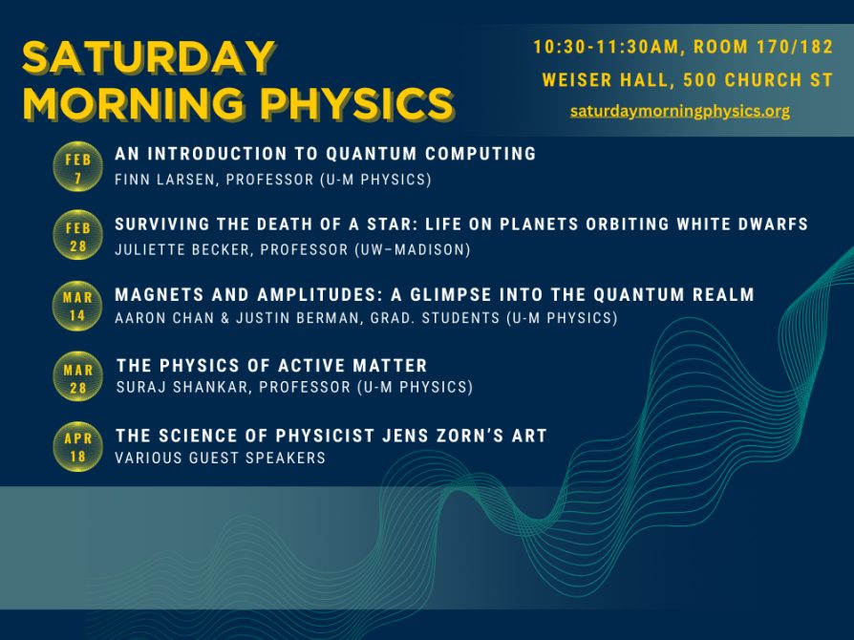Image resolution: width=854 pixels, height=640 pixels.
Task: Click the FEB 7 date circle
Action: (x=77, y=167)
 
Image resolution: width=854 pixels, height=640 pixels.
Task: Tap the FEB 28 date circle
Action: (x=77, y=235)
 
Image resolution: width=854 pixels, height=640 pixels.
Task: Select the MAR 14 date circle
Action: (x=77, y=305)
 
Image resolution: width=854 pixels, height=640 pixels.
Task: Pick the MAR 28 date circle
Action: (x=77, y=376)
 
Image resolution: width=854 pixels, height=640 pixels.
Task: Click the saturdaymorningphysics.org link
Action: (x=680, y=111)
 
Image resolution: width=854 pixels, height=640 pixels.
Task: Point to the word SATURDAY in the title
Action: (x=149, y=59)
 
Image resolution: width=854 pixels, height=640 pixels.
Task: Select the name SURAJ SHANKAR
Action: (x=173, y=387)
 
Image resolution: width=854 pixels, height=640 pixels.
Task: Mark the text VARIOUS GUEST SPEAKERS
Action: (x=220, y=458)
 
